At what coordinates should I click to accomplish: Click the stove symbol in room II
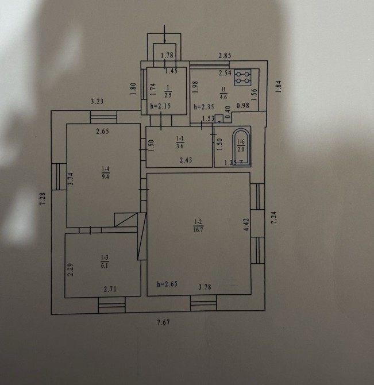[x=242, y=78]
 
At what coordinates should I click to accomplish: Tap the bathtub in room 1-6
[x=242, y=147]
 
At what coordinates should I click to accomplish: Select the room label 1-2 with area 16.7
[x=198, y=226]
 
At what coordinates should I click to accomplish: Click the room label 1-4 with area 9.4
[x=106, y=172]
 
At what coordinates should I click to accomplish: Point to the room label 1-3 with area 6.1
[x=105, y=261]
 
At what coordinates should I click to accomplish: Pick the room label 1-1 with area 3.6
[x=180, y=143]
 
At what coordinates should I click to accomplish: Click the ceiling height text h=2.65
[x=167, y=284]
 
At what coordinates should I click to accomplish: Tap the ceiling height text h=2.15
[x=160, y=106]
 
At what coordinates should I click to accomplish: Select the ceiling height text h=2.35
[x=204, y=107]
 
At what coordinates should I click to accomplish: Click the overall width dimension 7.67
[x=163, y=322]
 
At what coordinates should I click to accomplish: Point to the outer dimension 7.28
[x=43, y=199]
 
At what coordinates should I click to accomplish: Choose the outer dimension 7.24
[x=274, y=217]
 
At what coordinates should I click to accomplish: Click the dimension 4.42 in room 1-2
[x=246, y=225]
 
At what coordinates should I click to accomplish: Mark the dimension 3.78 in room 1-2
[x=205, y=287]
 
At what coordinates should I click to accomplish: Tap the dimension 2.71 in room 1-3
[x=110, y=289]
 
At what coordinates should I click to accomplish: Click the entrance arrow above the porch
[x=164, y=34]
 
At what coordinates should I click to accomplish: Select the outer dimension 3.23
[x=97, y=101]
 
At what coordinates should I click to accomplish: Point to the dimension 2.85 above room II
[x=225, y=56]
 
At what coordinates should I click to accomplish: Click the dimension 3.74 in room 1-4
[x=71, y=179]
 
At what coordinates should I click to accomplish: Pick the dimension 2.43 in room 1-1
[x=186, y=160]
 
